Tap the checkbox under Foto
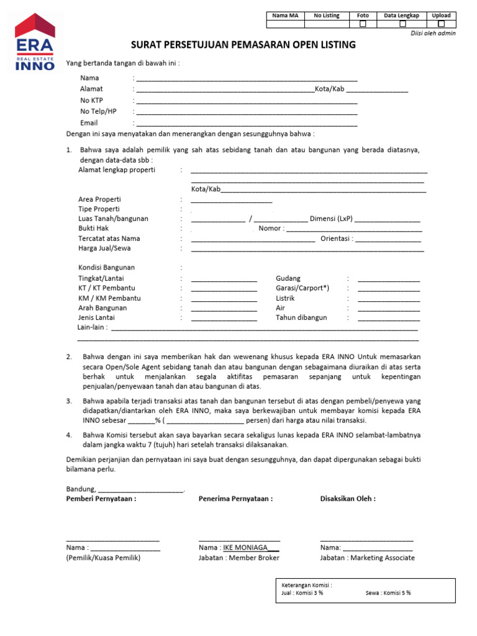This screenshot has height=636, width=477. tap(363, 24)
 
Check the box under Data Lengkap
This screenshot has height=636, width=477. tap(402, 24)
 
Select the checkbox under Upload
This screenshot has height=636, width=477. tap(441, 24)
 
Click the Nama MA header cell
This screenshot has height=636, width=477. tap(286, 16)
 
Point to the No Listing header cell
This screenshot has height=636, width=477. tap(327, 16)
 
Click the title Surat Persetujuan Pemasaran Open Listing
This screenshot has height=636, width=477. tap(243, 45)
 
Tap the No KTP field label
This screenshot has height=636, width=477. tap(92, 101)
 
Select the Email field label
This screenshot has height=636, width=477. tap(89, 123)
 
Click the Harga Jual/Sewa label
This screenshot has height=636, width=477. tap(104, 248)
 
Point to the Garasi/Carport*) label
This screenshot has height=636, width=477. tap(302, 288)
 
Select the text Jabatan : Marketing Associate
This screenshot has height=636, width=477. tap(367, 558)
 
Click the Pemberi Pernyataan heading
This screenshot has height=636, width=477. tap(101, 499)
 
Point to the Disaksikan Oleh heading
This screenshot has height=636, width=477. tap(348, 499)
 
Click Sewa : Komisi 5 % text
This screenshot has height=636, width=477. tap(388, 593)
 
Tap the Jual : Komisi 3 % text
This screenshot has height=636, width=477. tap(302, 593)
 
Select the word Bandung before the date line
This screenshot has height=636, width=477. tap(80, 489)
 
